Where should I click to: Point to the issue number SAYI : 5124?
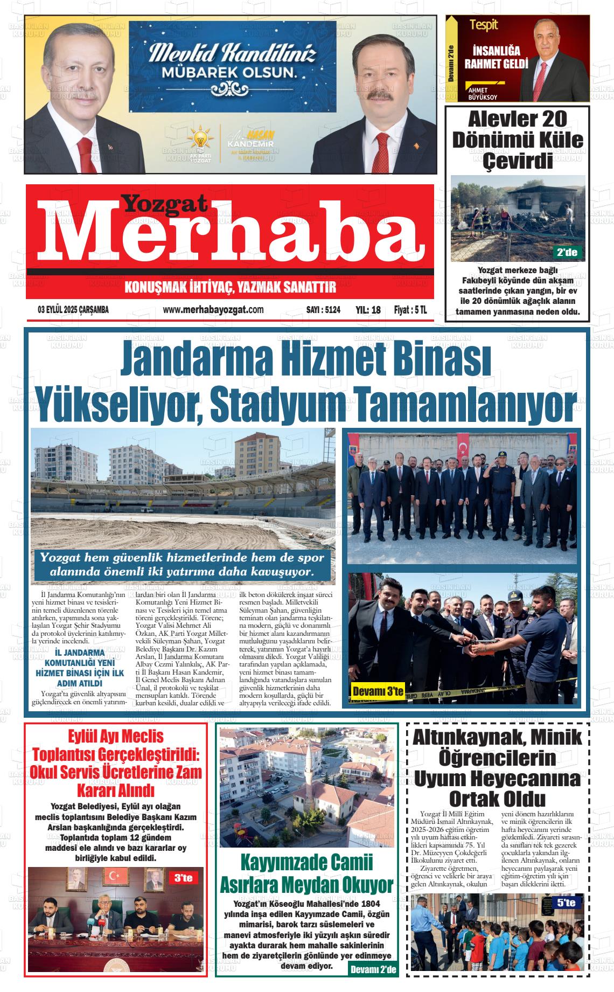tap(323, 310)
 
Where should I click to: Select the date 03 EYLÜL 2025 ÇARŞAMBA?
tap(73, 310)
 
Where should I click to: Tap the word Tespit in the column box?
tap(483, 25)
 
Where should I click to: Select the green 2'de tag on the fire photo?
tap(568, 252)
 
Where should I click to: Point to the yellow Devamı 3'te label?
tap(377, 691)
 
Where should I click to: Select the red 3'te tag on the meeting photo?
tap(183, 878)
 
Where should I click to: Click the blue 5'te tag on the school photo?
tap(566, 903)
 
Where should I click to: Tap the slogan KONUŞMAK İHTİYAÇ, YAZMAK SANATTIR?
tap(230, 287)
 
